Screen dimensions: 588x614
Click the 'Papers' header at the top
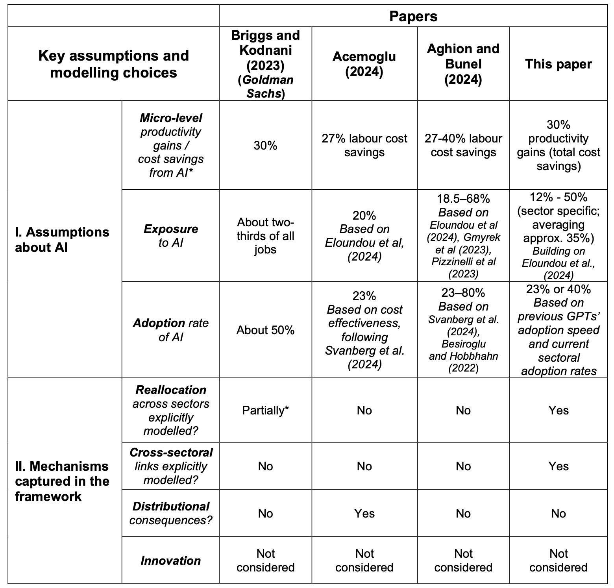pos(413,16)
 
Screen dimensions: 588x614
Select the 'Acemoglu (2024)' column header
pos(364,64)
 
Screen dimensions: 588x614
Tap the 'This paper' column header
pos(558,64)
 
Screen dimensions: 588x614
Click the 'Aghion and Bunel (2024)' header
pos(463,64)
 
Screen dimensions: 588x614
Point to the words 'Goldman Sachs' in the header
pos(265,87)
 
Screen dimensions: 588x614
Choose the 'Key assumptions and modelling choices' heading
pos(113,64)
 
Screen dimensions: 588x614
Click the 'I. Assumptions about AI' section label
pos(62,239)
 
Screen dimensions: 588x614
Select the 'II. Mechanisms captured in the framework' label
pos(62,481)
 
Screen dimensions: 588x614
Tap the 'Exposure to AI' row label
pos(170,235)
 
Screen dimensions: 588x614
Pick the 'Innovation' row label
pos(170,560)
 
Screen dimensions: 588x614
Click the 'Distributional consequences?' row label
pos(170,513)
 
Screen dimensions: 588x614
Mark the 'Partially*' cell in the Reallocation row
pos(265,410)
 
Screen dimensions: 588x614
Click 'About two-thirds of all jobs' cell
pos(265,235)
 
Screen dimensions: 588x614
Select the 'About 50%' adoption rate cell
pos(265,330)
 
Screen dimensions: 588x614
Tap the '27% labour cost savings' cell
pos(364,145)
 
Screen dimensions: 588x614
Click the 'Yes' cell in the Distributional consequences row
pos(364,513)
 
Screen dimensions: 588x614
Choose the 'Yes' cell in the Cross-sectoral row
pos(558,466)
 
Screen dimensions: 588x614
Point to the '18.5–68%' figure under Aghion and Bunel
pos(463,198)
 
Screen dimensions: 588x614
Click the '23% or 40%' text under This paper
pos(558,289)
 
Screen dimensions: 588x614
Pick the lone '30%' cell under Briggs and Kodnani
pos(265,146)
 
